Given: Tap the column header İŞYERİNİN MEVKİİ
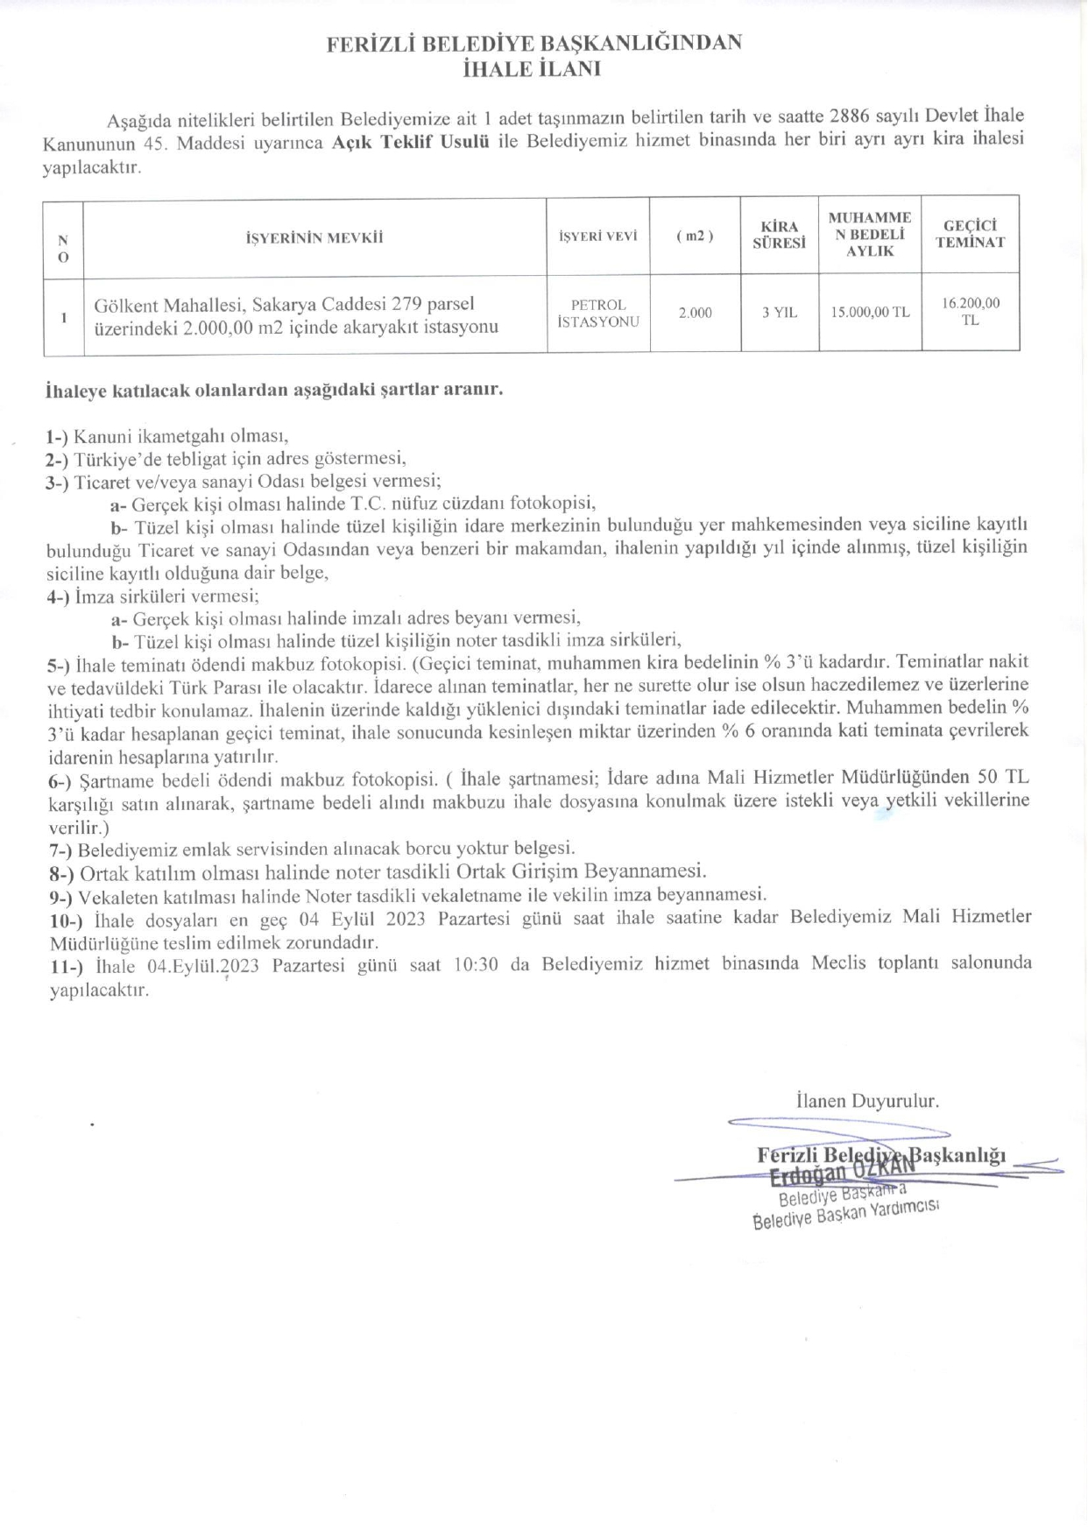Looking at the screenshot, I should (314, 237).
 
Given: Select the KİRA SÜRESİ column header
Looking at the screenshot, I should (779, 235).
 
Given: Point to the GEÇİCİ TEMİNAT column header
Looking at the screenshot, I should (970, 234).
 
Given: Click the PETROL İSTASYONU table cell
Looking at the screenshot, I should (598, 314).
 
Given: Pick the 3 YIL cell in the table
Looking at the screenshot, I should (780, 313).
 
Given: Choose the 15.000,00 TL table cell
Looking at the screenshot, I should (870, 313).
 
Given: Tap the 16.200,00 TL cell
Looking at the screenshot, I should (970, 312).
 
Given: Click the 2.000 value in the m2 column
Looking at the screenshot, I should (695, 313).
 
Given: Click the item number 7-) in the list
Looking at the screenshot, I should (61, 850).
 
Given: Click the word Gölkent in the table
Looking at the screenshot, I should (124, 305).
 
